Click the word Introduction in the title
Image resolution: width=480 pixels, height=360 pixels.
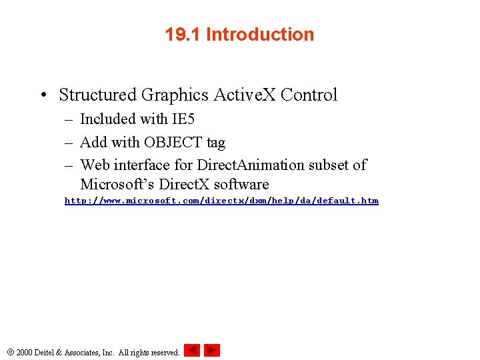point(260,35)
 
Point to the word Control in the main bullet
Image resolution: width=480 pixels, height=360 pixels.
point(309,95)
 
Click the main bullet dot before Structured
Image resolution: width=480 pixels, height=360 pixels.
point(43,95)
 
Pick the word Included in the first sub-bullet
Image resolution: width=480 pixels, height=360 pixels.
point(107,120)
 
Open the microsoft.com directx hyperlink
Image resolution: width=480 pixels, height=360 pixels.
point(221,201)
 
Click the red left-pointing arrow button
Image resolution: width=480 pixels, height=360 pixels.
point(192,350)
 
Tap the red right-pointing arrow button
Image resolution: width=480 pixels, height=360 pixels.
point(212,350)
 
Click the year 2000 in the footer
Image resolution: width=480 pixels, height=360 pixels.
point(25,352)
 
